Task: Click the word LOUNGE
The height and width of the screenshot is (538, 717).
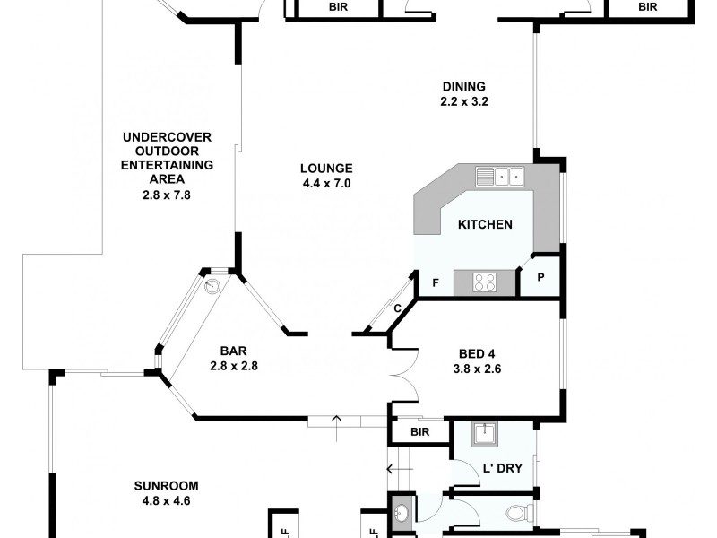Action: pyautogui.click(x=326, y=168)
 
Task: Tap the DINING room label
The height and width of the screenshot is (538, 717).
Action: pyautogui.click(x=463, y=87)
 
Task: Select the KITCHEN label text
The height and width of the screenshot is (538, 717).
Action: pyautogui.click(x=485, y=224)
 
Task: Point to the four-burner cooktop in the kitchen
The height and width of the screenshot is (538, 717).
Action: pyautogui.click(x=485, y=283)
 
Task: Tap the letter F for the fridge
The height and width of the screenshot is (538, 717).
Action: pyautogui.click(x=436, y=283)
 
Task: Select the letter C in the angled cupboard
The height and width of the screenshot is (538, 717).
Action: pyautogui.click(x=397, y=308)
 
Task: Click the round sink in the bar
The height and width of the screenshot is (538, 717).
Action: pyautogui.click(x=212, y=287)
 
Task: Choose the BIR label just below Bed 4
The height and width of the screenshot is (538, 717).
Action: pyautogui.click(x=420, y=432)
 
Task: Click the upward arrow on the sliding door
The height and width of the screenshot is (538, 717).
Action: pyautogui.click(x=337, y=420)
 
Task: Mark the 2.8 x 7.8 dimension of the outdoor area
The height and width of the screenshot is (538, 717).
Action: pyautogui.click(x=166, y=194)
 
